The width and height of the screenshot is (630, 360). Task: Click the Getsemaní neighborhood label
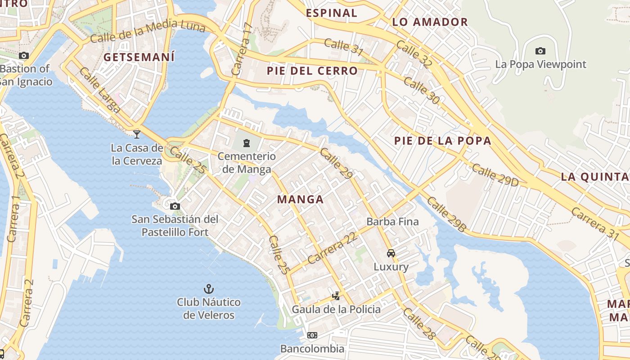click(139, 57)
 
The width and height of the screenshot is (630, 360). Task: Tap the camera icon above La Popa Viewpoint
click(540, 51)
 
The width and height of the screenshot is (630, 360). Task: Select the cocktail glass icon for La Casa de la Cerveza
click(137, 134)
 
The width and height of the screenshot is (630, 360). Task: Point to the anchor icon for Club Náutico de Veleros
click(208, 288)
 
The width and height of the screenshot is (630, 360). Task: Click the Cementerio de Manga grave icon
click(247, 143)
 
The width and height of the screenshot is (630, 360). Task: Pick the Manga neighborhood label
click(300, 199)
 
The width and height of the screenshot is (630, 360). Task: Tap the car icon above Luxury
click(391, 253)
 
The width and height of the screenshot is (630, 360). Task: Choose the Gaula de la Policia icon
click(336, 296)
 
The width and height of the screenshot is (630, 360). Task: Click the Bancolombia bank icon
click(312, 335)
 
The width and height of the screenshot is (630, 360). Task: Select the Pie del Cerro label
click(312, 71)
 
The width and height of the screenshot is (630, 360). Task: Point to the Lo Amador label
click(430, 22)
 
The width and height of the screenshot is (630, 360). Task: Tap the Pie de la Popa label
click(442, 141)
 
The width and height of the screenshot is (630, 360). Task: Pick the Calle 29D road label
click(495, 175)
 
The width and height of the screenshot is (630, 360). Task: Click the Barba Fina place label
click(392, 221)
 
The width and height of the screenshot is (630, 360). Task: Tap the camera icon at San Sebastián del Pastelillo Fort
click(175, 207)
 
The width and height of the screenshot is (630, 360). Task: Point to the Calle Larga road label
click(100, 90)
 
